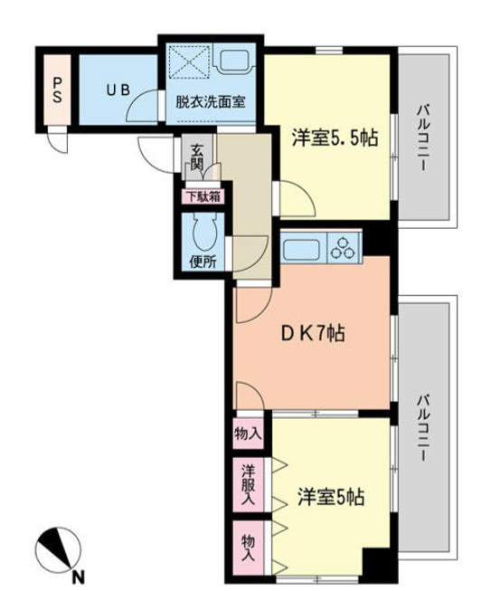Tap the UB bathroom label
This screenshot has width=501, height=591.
coord(116,91)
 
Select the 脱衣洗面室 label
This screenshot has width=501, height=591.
coord(210,103)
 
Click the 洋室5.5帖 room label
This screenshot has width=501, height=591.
coord(334,138)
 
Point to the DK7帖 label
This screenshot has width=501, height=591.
coord(309,332)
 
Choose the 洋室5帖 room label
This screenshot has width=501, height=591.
coord(330,498)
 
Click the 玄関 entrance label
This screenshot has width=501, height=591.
coord(196,159)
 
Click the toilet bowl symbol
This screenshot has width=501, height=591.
coord(202,233)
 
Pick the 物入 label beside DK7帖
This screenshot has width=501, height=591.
coord(247,435)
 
